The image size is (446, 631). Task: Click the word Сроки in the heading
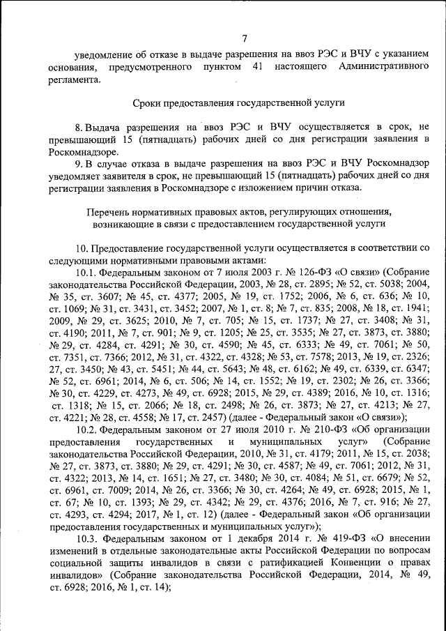click(148, 102)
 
